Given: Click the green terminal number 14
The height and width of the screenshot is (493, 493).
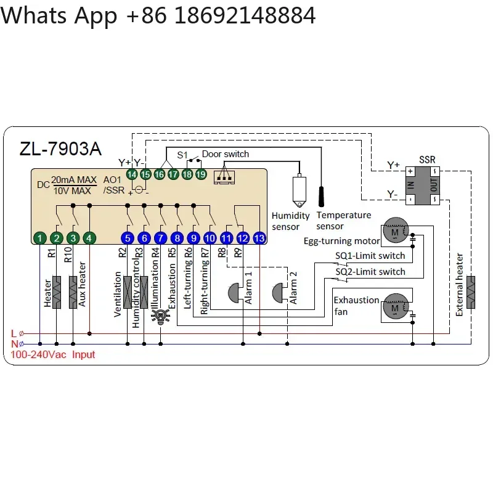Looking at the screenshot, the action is point(132,174).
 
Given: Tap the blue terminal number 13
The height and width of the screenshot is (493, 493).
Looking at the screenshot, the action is point(259,238).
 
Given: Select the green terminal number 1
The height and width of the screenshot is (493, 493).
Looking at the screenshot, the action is point(40,238).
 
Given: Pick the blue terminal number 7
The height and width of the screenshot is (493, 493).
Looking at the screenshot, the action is point(161,238).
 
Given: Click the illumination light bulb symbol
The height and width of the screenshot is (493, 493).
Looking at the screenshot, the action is point(161,316).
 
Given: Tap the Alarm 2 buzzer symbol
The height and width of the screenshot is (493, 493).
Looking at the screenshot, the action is point(278,293).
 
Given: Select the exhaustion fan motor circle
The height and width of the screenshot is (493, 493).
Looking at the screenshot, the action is point(396,306).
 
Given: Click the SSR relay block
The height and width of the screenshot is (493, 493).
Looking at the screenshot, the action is point(423,185).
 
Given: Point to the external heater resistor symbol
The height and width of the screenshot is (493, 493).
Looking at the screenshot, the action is point(471,292).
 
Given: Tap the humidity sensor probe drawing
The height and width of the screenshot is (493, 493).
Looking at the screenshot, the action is point(299,191).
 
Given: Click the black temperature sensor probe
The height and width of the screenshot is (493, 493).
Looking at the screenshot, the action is point(321,197).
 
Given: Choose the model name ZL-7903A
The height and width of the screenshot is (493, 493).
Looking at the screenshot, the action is point(60,149).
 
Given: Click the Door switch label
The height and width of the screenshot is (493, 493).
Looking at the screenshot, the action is point(226,154).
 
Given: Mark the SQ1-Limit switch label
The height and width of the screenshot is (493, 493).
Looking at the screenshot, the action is point(370,256).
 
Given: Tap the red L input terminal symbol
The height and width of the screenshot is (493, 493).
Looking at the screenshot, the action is point(22,333).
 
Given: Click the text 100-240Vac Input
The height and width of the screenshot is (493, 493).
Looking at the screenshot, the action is point(53,355).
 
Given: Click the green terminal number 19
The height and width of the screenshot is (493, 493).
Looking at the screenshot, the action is point(201,174).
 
